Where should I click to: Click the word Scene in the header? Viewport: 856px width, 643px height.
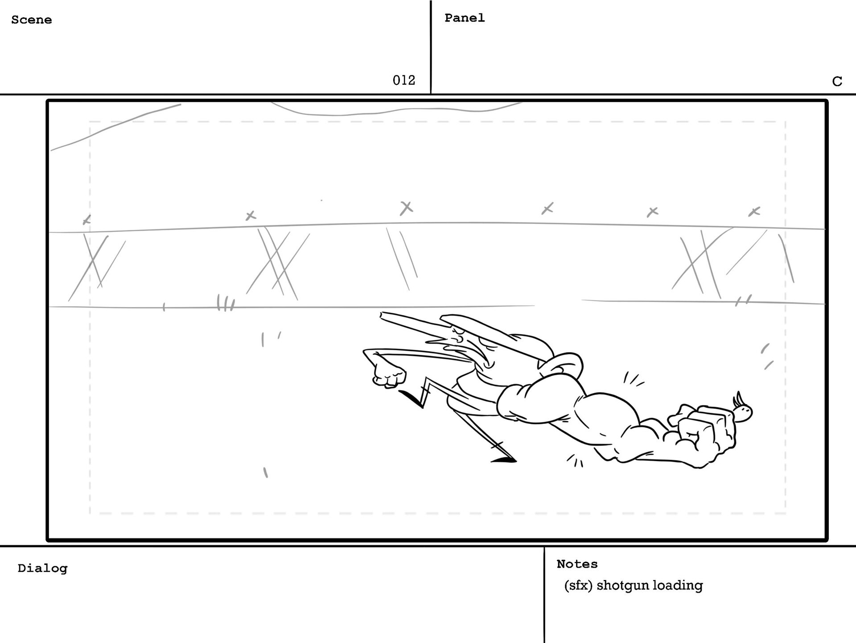[31, 20]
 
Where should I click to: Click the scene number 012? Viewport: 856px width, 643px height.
[403, 80]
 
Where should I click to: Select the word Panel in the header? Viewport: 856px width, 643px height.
[464, 18]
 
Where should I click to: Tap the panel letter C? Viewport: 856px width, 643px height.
[837, 81]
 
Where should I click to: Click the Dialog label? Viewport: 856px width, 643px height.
[42, 568]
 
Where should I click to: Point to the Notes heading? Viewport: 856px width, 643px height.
[577, 564]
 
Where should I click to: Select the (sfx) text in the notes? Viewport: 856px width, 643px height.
[578, 585]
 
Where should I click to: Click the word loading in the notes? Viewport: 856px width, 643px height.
[677, 585]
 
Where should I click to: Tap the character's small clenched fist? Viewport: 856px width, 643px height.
[389, 375]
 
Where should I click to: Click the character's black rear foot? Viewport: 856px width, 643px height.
[504, 460]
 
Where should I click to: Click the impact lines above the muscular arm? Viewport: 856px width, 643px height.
[633, 379]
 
